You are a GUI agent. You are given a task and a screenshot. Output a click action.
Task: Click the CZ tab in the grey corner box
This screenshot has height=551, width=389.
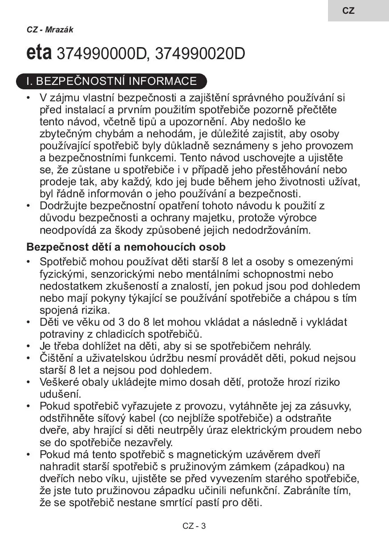pyautogui.click(x=348, y=11)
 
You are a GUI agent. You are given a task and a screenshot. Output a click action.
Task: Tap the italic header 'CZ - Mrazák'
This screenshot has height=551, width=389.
pyautogui.click(x=50, y=30)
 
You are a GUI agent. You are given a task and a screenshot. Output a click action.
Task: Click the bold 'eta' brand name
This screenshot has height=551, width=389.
pyautogui.click(x=40, y=53)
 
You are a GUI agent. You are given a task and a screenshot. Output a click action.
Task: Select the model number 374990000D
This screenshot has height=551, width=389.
pyautogui.click(x=102, y=54)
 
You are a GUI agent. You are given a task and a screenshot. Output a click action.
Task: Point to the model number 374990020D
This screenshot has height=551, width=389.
pyautogui.click(x=200, y=54)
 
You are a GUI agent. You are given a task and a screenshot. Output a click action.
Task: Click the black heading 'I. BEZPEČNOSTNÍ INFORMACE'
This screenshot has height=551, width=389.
pyautogui.click(x=111, y=81)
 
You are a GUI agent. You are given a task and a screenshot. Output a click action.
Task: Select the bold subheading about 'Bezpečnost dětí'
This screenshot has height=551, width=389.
pyautogui.click(x=126, y=247)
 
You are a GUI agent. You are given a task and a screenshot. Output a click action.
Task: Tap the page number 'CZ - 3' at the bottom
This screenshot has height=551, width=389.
pyautogui.click(x=194, y=526)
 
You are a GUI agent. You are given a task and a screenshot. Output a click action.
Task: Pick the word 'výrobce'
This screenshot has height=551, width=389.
pyautogui.click(x=298, y=218)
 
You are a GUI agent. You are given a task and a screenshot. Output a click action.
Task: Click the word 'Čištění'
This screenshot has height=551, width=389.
pyautogui.click(x=57, y=358)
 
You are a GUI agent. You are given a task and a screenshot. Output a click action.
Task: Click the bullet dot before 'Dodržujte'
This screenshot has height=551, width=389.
pyautogui.click(x=29, y=206)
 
